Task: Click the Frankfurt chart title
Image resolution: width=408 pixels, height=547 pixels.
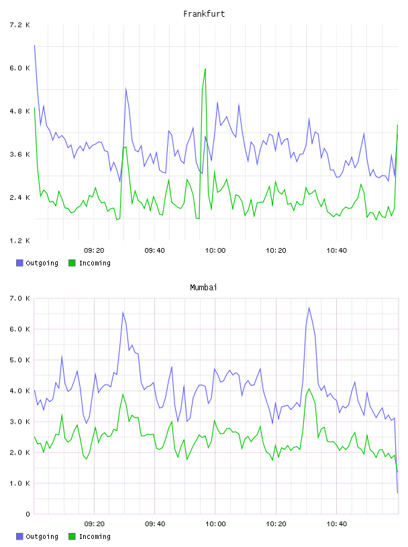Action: pyautogui.click(x=204, y=14)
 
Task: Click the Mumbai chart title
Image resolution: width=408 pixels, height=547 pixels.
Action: pyautogui.click(x=203, y=288)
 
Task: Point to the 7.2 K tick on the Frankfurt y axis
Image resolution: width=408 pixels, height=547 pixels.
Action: pyautogui.click(x=20, y=25)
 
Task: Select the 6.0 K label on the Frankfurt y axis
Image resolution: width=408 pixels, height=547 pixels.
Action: pyautogui.click(x=20, y=68)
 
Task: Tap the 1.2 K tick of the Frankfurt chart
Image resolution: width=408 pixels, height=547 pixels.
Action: pyautogui.click(x=20, y=241)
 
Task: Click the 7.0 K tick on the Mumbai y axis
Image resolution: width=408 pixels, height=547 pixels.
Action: pyautogui.click(x=20, y=298)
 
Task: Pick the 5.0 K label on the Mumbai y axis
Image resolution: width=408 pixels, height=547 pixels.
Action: pyautogui.click(x=20, y=360)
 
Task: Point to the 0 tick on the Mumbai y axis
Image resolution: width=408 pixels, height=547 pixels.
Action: pyautogui.click(x=28, y=514)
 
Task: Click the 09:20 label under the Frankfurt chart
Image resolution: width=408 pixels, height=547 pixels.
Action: pyautogui.click(x=94, y=251)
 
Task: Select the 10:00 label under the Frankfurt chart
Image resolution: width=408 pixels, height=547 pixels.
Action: pyautogui.click(x=215, y=251)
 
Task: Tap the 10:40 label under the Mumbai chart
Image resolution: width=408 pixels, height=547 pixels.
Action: pyautogui.click(x=337, y=524)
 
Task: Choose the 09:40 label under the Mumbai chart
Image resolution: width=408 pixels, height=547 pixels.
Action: pyautogui.click(x=155, y=524)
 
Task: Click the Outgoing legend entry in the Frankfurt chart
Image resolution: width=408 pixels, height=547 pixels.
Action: pyautogui.click(x=38, y=263)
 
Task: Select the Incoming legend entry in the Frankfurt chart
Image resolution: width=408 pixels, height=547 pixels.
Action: pyautogui.click(x=90, y=263)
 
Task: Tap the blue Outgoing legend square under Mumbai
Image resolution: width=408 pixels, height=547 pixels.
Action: pyautogui.click(x=19, y=536)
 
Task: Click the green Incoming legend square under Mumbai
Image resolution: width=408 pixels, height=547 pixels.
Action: pyautogui.click(x=72, y=536)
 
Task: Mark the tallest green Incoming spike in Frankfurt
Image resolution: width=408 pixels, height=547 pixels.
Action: pyautogui.click(x=205, y=69)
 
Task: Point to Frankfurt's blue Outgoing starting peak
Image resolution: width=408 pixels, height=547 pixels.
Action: pyautogui.click(x=34, y=46)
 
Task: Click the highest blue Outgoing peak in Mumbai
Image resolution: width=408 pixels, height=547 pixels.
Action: pyautogui.click(x=309, y=308)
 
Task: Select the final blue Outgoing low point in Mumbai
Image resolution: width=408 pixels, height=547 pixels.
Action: pyautogui.click(x=397, y=493)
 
